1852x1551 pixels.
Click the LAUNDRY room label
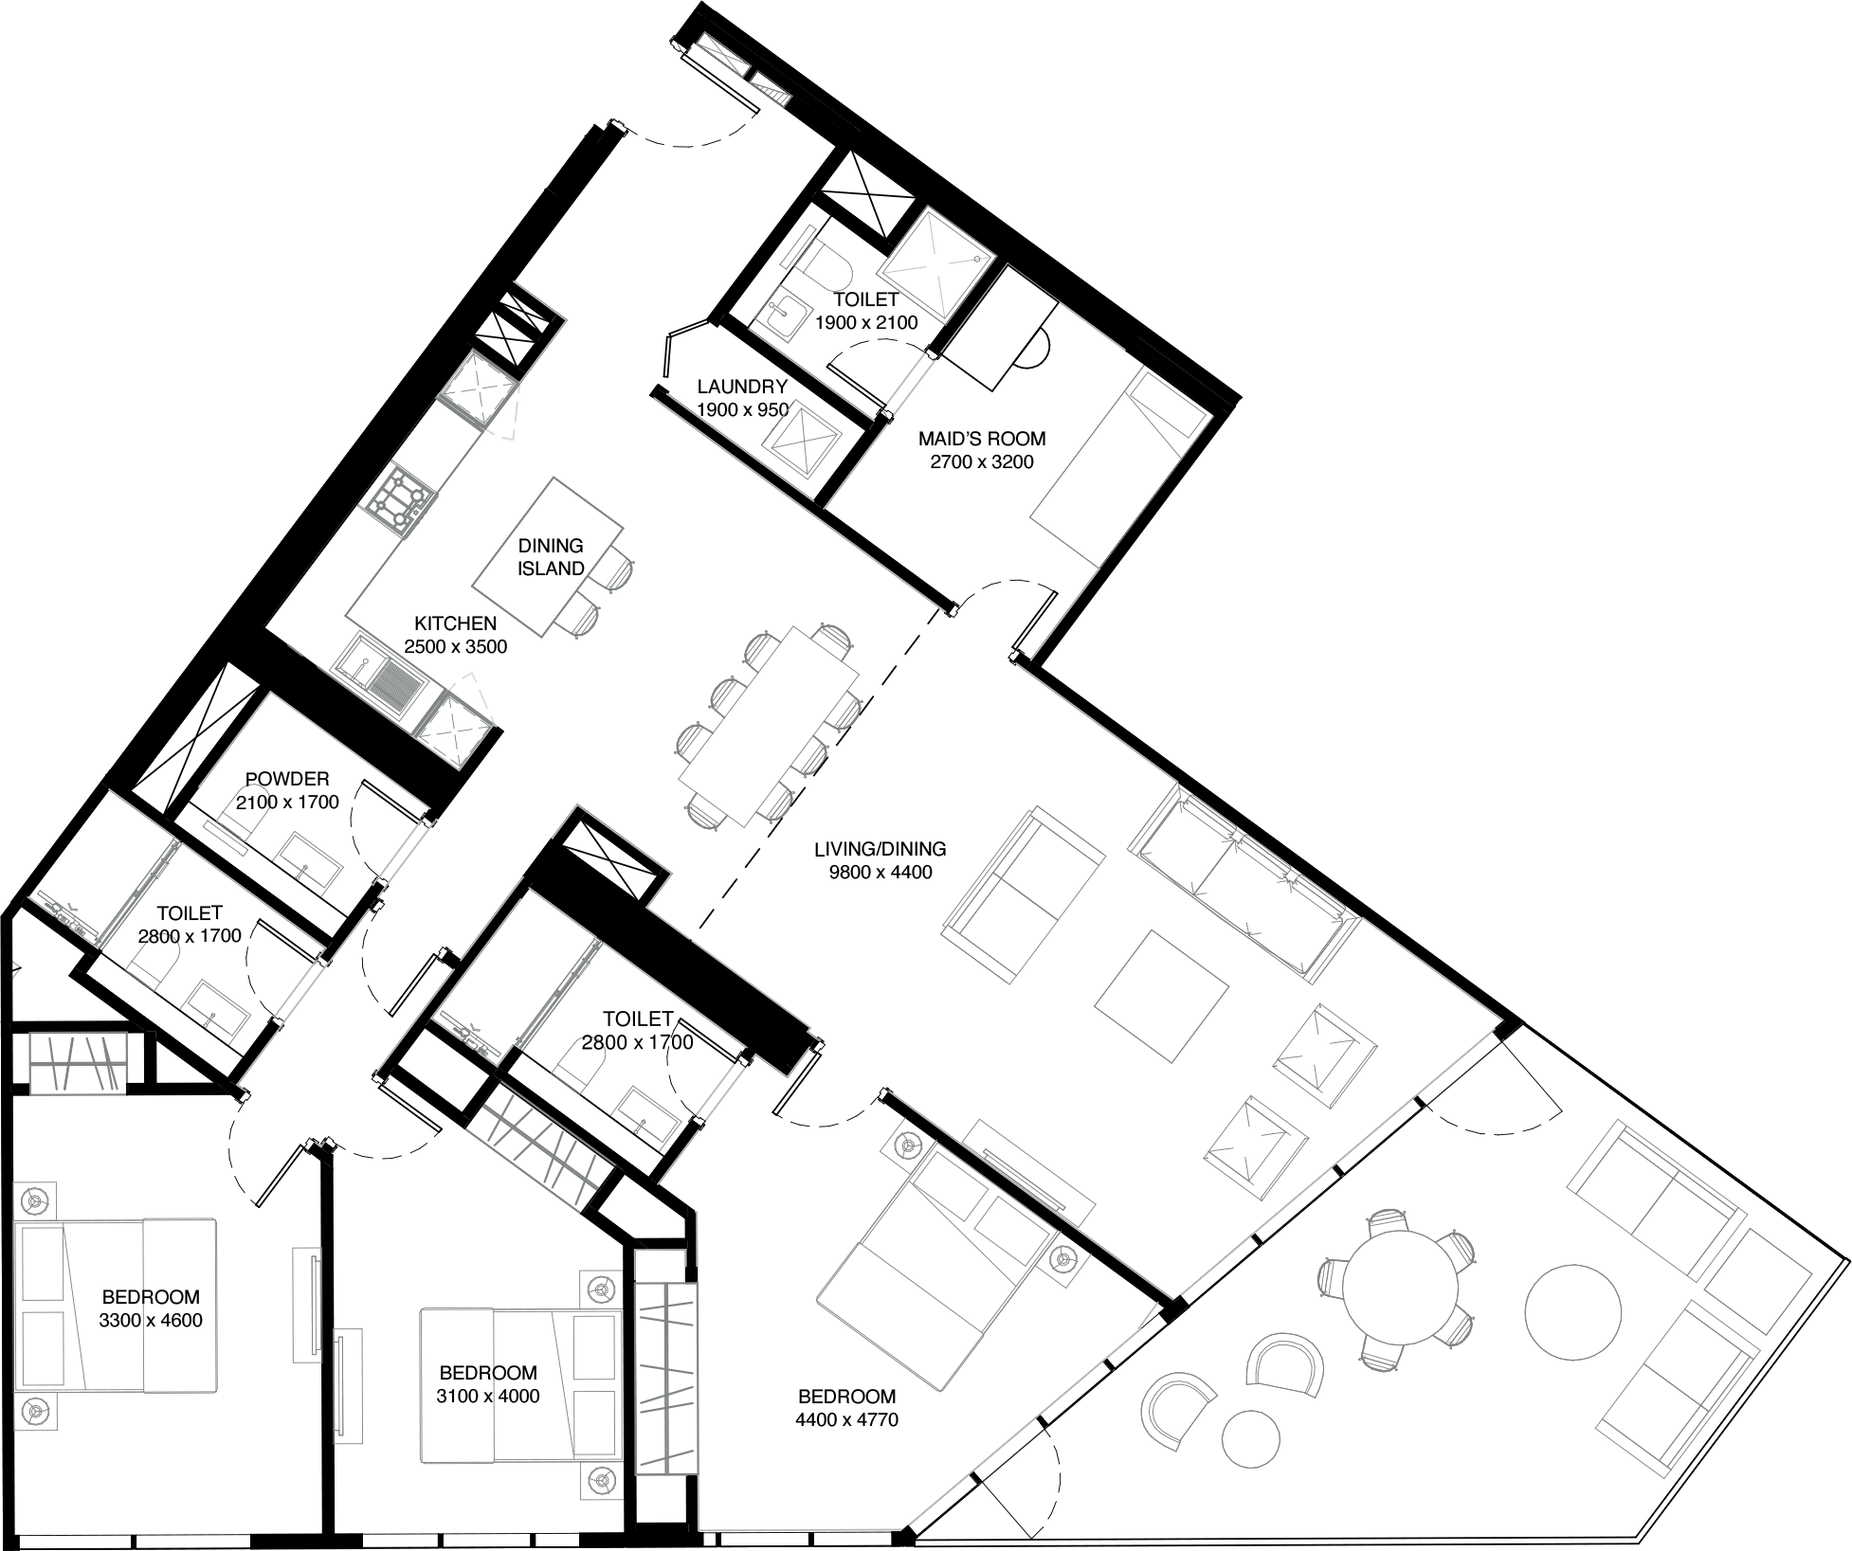pos(742,387)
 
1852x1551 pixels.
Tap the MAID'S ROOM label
pos(982,439)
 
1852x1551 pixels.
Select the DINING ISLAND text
pos(551,557)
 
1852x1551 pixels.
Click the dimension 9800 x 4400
pos(881,873)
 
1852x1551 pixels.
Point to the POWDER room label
pos(287,780)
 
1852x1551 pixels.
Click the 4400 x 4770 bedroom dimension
pos(847,1420)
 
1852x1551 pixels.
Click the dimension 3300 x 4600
pos(151,1321)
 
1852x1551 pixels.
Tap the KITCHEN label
pos(455,623)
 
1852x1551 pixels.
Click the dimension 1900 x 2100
pos(866,323)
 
